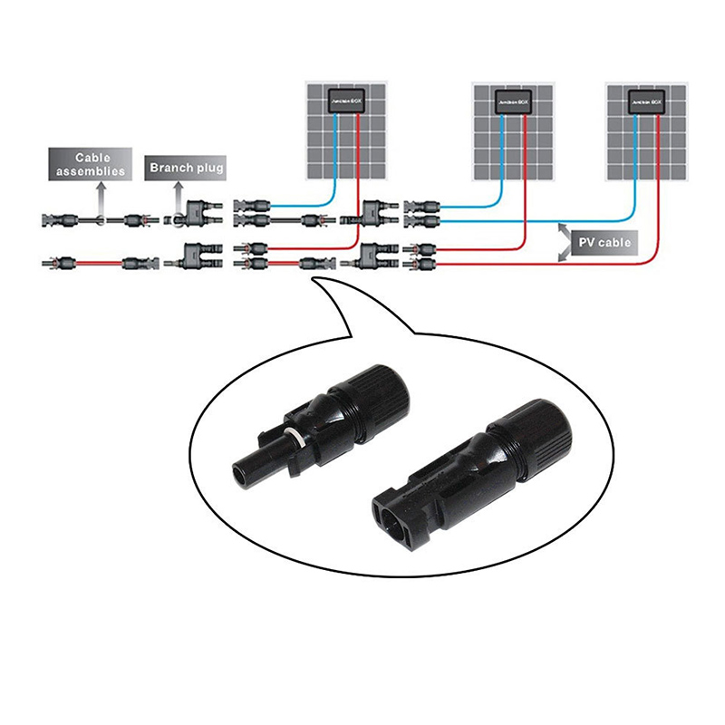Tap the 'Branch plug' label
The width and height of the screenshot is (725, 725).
(186, 167)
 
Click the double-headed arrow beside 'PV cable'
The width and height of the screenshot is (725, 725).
(565, 243)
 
